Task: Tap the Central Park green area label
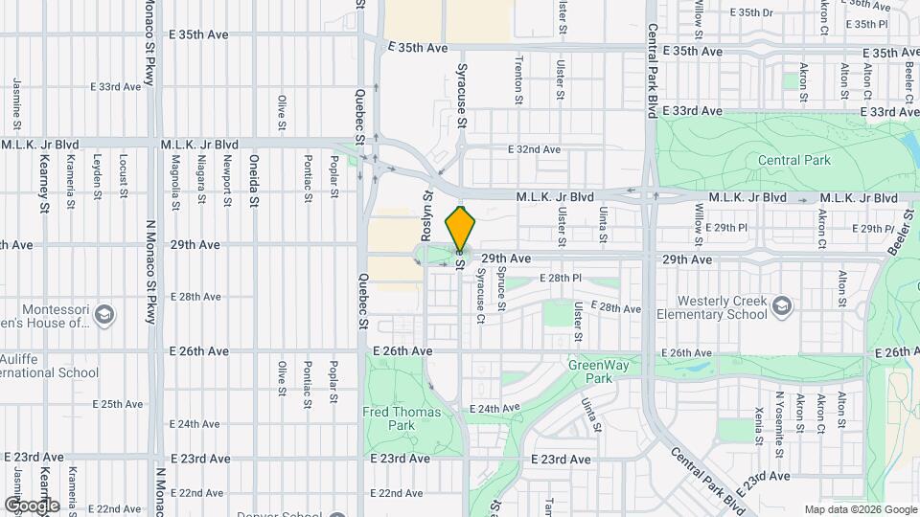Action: [x=794, y=161]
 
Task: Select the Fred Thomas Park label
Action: [x=402, y=418]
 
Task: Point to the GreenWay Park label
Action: [x=589, y=371]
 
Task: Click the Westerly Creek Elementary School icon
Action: [x=783, y=305]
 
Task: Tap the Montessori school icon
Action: [x=105, y=314]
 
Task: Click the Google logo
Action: [x=32, y=506]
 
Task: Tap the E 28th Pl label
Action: [x=562, y=278]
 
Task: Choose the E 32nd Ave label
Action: [x=534, y=149]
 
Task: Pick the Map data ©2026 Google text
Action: [x=861, y=509]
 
